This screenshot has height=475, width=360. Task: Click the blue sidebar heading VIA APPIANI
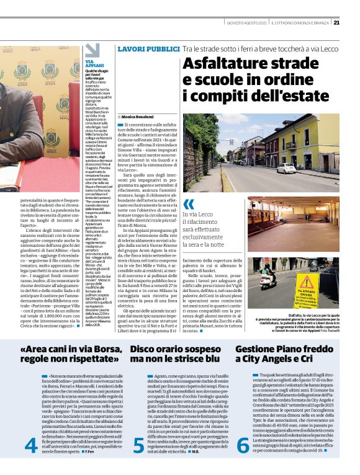point(95,63)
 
